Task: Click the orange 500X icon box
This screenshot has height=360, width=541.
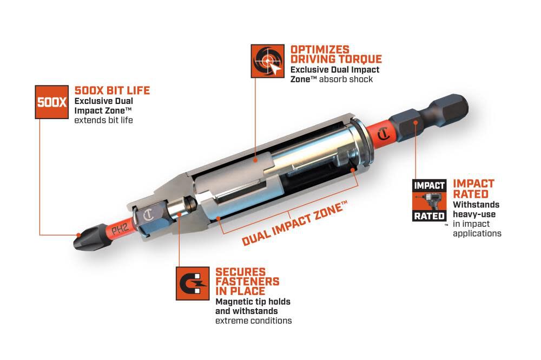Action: [52, 102]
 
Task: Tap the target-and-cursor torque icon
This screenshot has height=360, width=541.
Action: [267, 61]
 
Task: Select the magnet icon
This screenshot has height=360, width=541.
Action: [193, 283]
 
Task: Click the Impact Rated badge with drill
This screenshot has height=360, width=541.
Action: [429, 200]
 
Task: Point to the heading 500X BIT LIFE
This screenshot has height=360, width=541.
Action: [112, 90]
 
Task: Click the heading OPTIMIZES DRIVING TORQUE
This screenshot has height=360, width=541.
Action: [336, 54]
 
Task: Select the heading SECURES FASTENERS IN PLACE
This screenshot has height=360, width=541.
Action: [247, 282]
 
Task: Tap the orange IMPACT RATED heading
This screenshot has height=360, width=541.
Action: [473, 188]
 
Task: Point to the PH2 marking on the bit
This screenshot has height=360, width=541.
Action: [120, 229]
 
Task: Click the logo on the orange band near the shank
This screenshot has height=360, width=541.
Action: [384, 134]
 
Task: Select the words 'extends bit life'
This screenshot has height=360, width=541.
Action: [103, 120]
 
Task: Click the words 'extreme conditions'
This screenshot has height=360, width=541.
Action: [254, 320]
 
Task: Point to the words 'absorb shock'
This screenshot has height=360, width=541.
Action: [346, 79]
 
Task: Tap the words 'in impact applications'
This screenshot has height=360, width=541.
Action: [477, 228]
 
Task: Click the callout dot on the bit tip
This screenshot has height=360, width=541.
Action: [78, 235]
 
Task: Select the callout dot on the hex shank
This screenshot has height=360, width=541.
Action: [415, 122]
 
